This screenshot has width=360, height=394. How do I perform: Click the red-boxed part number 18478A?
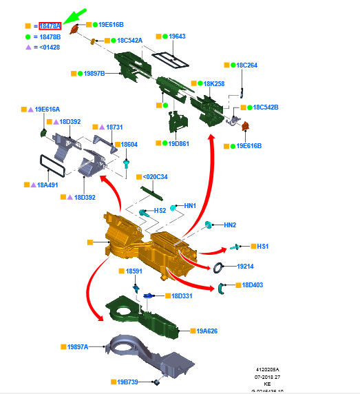coord(50,25)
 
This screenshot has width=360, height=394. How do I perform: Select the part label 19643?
coord(178,36)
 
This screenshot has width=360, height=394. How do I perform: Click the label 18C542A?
coord(129,41)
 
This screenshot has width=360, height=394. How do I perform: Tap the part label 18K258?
coord(214,83)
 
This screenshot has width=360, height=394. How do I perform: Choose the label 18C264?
coord(246,65)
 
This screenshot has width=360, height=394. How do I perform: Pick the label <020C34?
coord(156,177)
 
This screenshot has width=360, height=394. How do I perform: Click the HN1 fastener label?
coord(190,206)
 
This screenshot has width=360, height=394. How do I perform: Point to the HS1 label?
coord(262,246)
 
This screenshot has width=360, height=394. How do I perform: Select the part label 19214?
coord(246,266)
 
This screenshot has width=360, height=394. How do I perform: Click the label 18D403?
coord(253,284)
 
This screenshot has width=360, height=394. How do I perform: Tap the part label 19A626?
coord(207,331)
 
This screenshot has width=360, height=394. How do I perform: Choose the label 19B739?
coord(128,382)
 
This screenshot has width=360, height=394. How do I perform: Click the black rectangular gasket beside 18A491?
coord(52,166)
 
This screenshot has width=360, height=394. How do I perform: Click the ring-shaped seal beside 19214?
coord(218,267)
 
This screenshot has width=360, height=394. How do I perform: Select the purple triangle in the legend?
coord(28,47)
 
